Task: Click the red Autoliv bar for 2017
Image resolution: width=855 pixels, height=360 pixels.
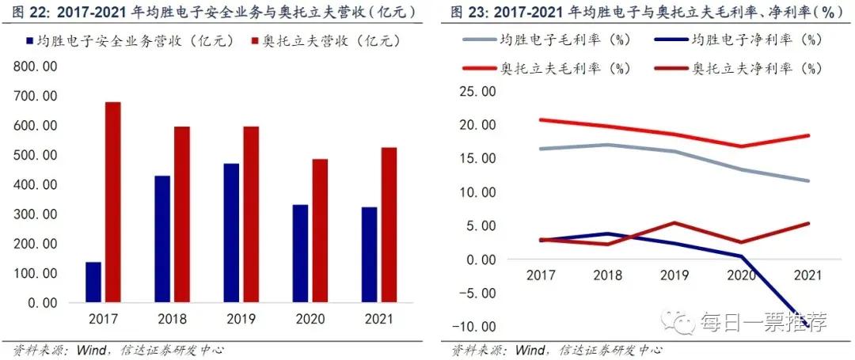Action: [x=112, y=203]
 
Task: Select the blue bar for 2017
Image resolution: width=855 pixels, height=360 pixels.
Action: [x=93, y=282]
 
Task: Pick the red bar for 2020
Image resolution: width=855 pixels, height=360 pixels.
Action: [x=320, y=231]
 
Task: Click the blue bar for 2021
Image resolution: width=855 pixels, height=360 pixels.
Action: [x=370, y=255]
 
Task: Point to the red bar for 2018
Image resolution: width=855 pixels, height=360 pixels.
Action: [x=182, y=214]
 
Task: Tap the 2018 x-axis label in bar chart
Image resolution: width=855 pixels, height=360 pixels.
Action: [x=172, y=321]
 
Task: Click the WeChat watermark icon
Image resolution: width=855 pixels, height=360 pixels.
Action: [x=680, y=321]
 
